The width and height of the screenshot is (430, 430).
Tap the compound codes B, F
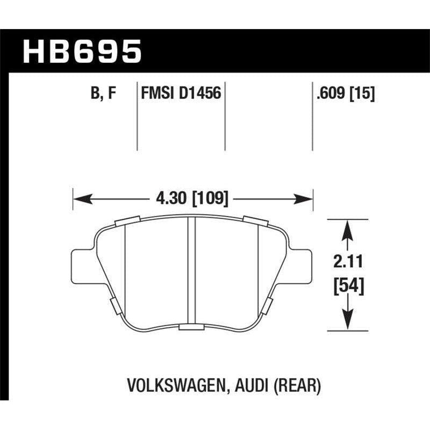[x=104, y=94]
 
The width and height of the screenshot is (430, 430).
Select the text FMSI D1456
[x=181, y=94]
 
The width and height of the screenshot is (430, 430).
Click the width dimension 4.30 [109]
[x=193, y=199]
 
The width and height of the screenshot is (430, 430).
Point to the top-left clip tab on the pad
[x=127, y=219]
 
